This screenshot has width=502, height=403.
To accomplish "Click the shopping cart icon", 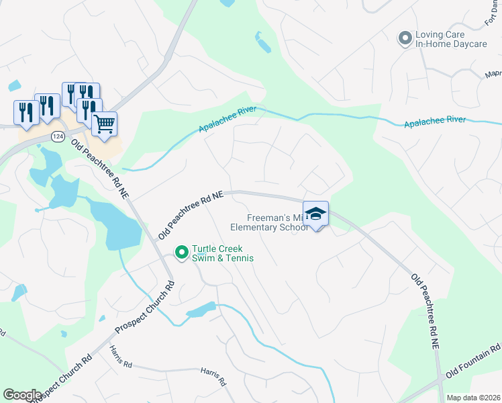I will click(104, 124).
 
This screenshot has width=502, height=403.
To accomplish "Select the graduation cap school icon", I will click(315, 214).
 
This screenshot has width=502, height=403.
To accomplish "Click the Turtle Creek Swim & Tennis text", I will click(217, 253).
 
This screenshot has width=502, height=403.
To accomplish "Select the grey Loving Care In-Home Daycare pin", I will click(405, 38).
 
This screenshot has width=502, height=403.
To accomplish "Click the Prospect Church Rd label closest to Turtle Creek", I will click(144, 307).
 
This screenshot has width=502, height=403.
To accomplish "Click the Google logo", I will click(23, 394).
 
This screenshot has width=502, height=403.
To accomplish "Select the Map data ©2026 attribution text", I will click(472, 398).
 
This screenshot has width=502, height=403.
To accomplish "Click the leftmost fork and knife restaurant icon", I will click(23, 112).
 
